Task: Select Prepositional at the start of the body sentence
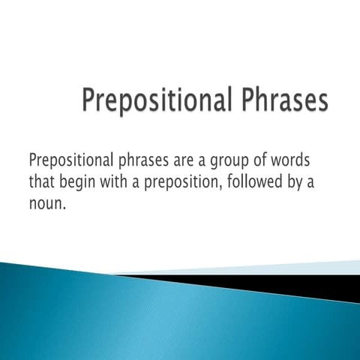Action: (68, 160)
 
